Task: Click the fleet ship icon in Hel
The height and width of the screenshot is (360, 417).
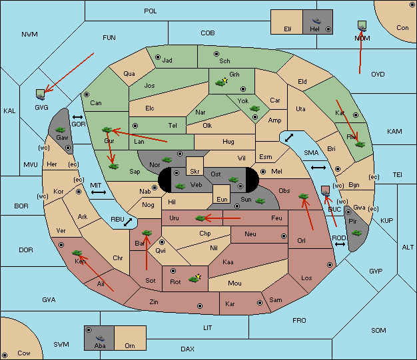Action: [316, 21]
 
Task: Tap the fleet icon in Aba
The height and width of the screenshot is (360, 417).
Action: [100, 337]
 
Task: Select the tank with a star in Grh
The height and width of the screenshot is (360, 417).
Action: [222, 82]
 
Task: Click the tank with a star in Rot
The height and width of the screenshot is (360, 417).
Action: [195, 278]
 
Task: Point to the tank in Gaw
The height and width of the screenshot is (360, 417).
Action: [61, 130]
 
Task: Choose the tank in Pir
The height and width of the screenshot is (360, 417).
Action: [356, 233]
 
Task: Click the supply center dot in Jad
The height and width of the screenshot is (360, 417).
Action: [158, 57]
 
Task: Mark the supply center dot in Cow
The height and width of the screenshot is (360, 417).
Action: [5, 355]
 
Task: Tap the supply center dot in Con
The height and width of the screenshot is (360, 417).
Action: [412, 5]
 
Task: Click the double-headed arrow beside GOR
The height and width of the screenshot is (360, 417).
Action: [77, 117]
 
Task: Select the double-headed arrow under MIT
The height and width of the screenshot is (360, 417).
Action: [99, 192]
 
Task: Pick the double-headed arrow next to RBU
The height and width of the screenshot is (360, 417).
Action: [128, 222]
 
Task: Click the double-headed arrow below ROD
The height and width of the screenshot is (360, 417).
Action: [340, 244]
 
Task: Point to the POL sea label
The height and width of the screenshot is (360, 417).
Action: [151, 11]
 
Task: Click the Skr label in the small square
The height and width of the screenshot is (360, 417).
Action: [195, 172]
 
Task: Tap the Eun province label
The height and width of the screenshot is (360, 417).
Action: [222, 199]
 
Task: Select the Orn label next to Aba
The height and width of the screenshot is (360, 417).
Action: [130, 345]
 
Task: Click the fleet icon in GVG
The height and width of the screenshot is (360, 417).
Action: [41, 95]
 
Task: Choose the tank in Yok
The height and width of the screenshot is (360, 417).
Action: [254, 108]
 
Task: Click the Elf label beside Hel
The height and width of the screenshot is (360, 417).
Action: [288, 29]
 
